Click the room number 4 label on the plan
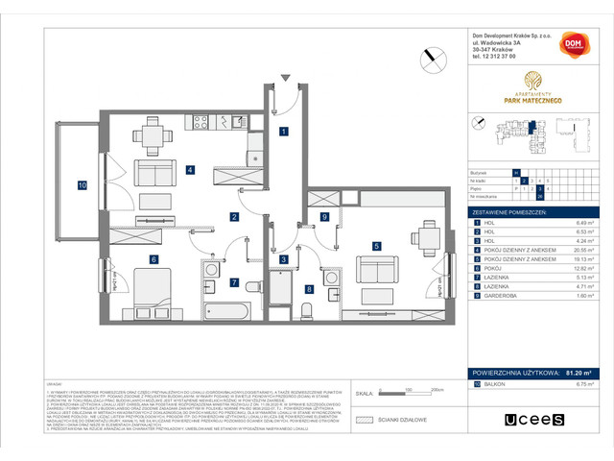[x=192, y=171]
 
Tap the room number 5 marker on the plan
[x=377, y=246]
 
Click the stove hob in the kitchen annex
[x=202, y=123]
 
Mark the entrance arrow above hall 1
[x=284, y=80]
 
